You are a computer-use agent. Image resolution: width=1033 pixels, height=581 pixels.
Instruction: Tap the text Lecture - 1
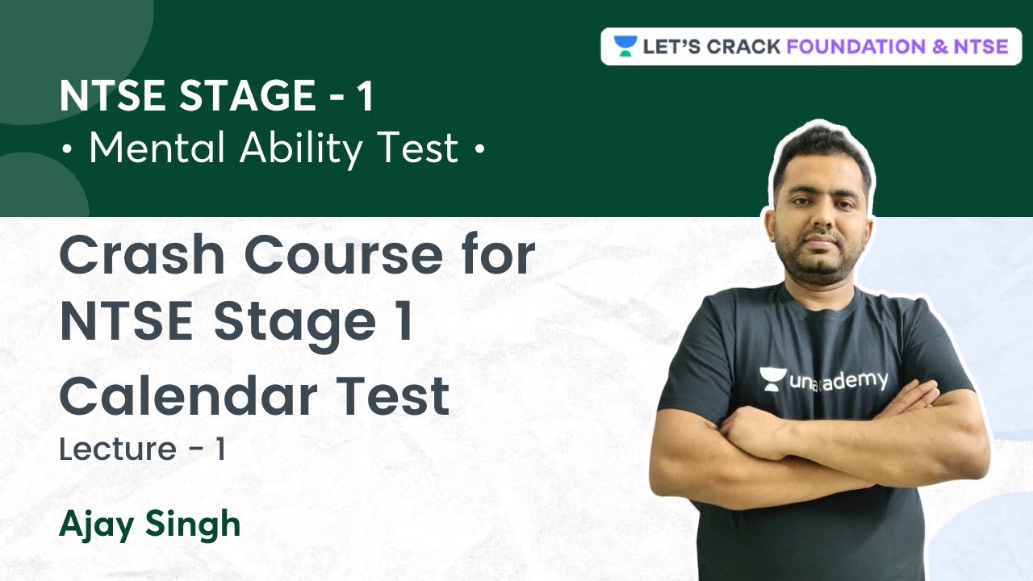point(141,450)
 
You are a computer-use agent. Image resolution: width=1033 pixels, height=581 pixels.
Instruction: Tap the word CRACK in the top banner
point(743,46)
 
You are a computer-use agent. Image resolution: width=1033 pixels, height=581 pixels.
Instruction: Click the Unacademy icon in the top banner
point(625,46)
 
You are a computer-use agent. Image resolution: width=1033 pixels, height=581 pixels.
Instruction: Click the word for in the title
point(500,256)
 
